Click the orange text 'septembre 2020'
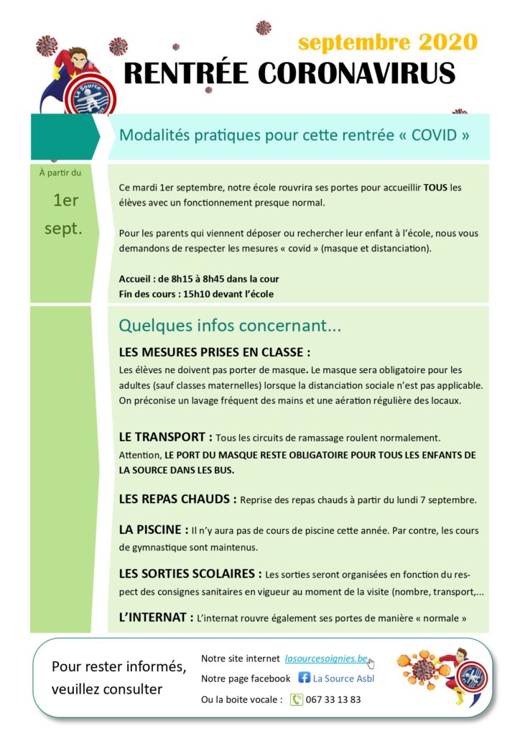tap(388, 42)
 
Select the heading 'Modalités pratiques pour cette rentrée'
tap(294, 134)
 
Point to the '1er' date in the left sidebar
tap(66, 201)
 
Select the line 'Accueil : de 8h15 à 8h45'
tap(199, 279)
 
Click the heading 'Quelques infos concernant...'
tap(230, 326)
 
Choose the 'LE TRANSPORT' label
tap(165, 437)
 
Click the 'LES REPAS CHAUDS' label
tap(177, 499)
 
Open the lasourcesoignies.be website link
tap(326, 658)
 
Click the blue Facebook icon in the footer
tap(305, 678)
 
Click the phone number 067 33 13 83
tap(335, 699)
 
